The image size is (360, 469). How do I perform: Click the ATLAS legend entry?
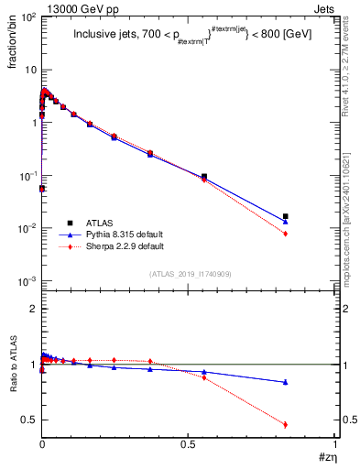(x=101, y=223)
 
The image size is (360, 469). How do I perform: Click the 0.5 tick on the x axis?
(x=189, y=443)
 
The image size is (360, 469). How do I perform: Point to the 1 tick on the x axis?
(x=336, y=443)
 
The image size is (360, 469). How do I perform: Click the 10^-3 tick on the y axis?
(x=29, y=280)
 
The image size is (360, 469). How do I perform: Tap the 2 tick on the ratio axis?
(x=33, y=309)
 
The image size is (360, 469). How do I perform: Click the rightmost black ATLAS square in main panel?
(x=286, y=216)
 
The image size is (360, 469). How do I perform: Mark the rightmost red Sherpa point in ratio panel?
(x=286, y=424)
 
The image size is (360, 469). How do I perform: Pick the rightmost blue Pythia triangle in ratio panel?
(x=286, y=382)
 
